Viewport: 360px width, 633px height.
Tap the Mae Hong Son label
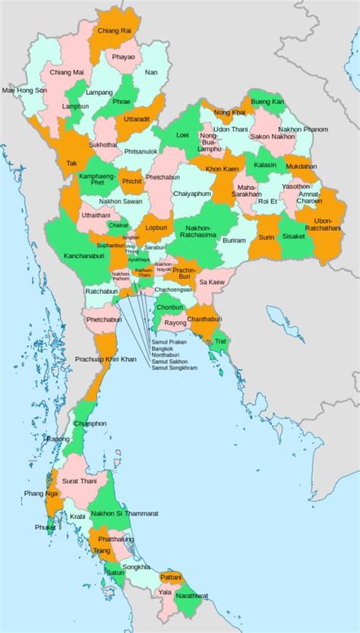[x=24, y=90]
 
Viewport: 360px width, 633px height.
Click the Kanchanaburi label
[x=84, y=255]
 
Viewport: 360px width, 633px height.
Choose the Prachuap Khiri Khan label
[x=105, y=358]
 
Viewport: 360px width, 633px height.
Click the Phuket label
[x=46, y=527]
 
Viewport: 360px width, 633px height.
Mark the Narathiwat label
[x=191, y=597]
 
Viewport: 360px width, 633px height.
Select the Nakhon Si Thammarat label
[x=125, y=514]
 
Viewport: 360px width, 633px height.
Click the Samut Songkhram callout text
[x=174, y=369]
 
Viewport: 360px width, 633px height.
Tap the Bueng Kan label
[x=267, y=101]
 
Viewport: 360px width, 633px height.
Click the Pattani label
[x=171, y=577]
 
